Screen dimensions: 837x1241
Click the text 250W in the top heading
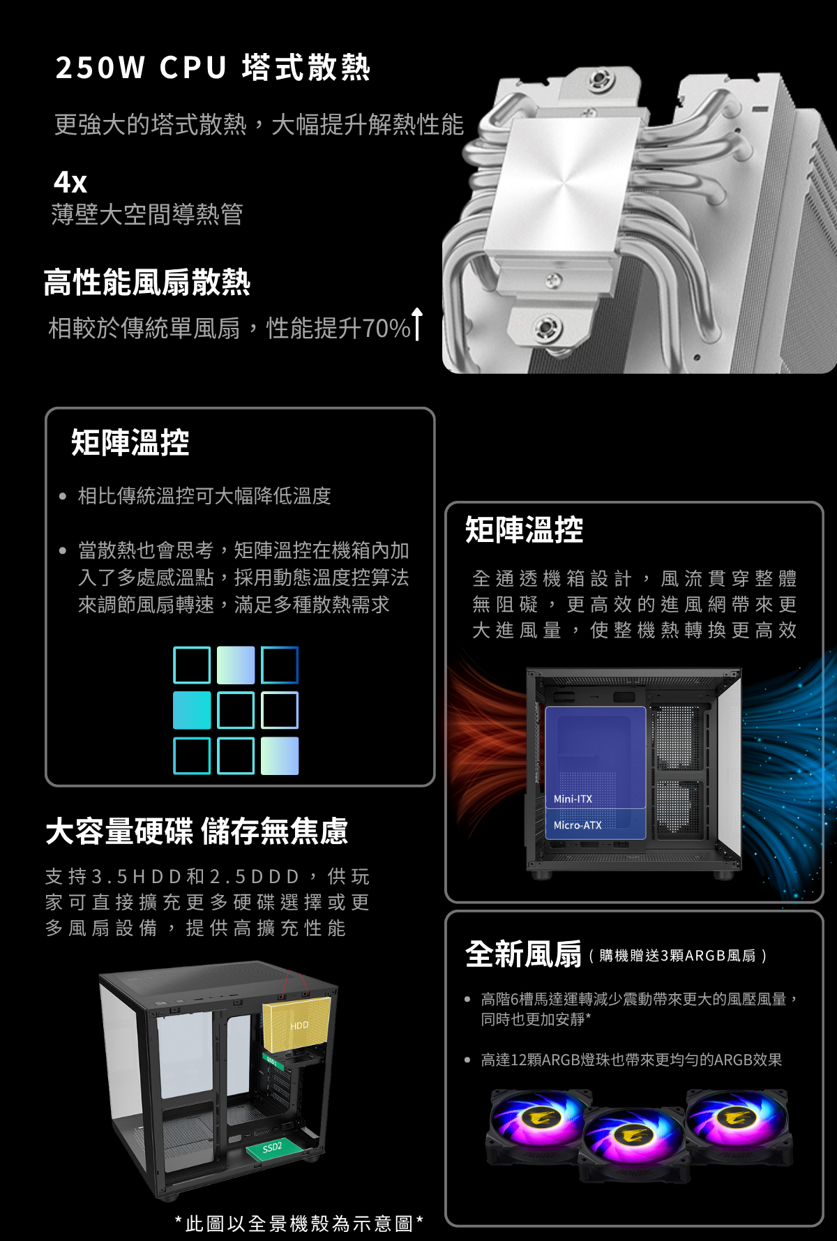click(100, 68)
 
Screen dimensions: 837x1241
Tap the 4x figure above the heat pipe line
click(70, 182)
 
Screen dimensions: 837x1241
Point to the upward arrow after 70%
click(417, 324)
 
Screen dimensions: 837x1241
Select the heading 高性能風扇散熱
click(146, 282)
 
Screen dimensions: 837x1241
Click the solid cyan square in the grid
click(192, 710)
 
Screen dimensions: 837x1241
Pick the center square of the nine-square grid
click(236, 710)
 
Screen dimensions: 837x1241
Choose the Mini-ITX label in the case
click(573, 799)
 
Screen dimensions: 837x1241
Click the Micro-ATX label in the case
click(578, 825)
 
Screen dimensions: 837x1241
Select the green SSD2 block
click(273, 1147)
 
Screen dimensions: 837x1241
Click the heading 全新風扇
click(524, 954)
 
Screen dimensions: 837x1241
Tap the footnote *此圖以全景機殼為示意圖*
click(299, 1223)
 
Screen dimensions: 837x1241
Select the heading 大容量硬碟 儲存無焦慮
click(197, 831)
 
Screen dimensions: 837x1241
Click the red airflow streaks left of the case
click(488, 750)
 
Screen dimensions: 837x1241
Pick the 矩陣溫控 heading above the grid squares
click(130, 442)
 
